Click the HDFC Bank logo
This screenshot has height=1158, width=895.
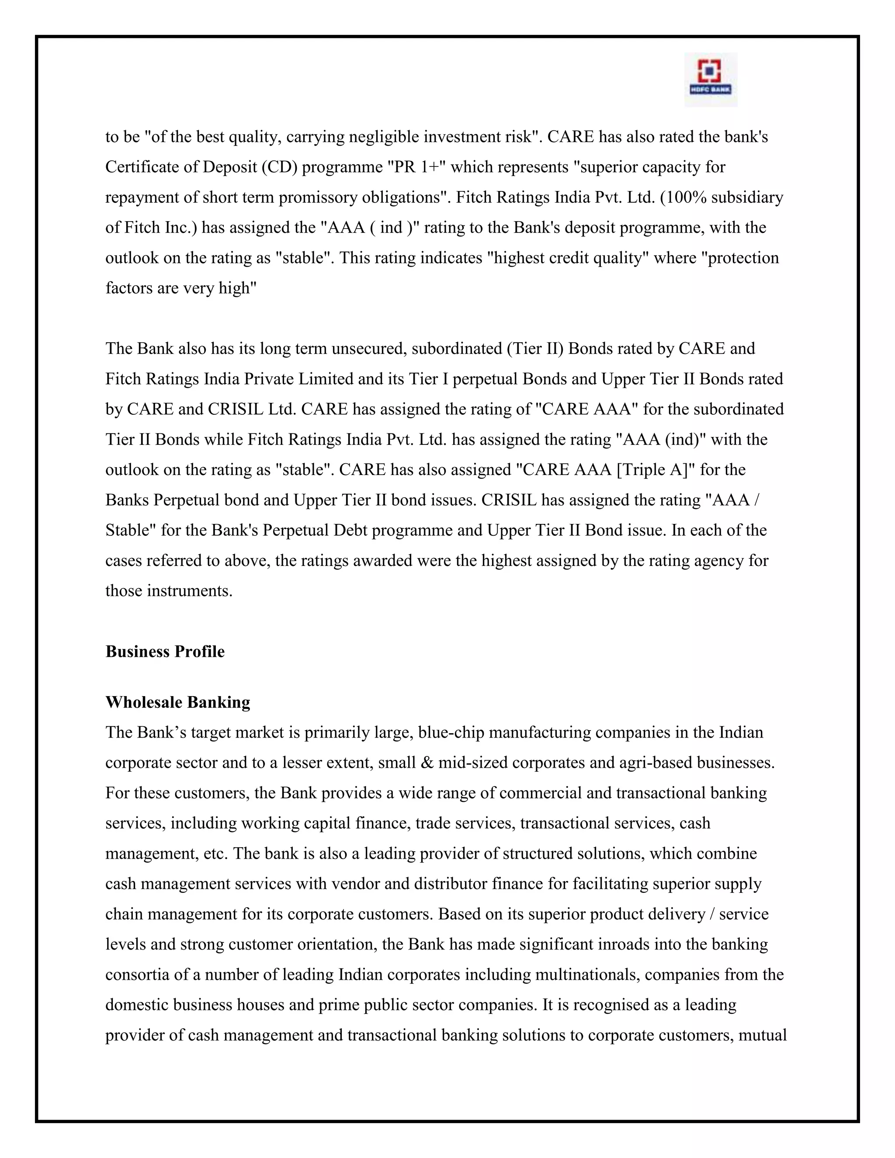(711, 80)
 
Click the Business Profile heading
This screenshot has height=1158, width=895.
(165, 651)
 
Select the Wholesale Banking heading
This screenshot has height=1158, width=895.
(177, 702)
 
